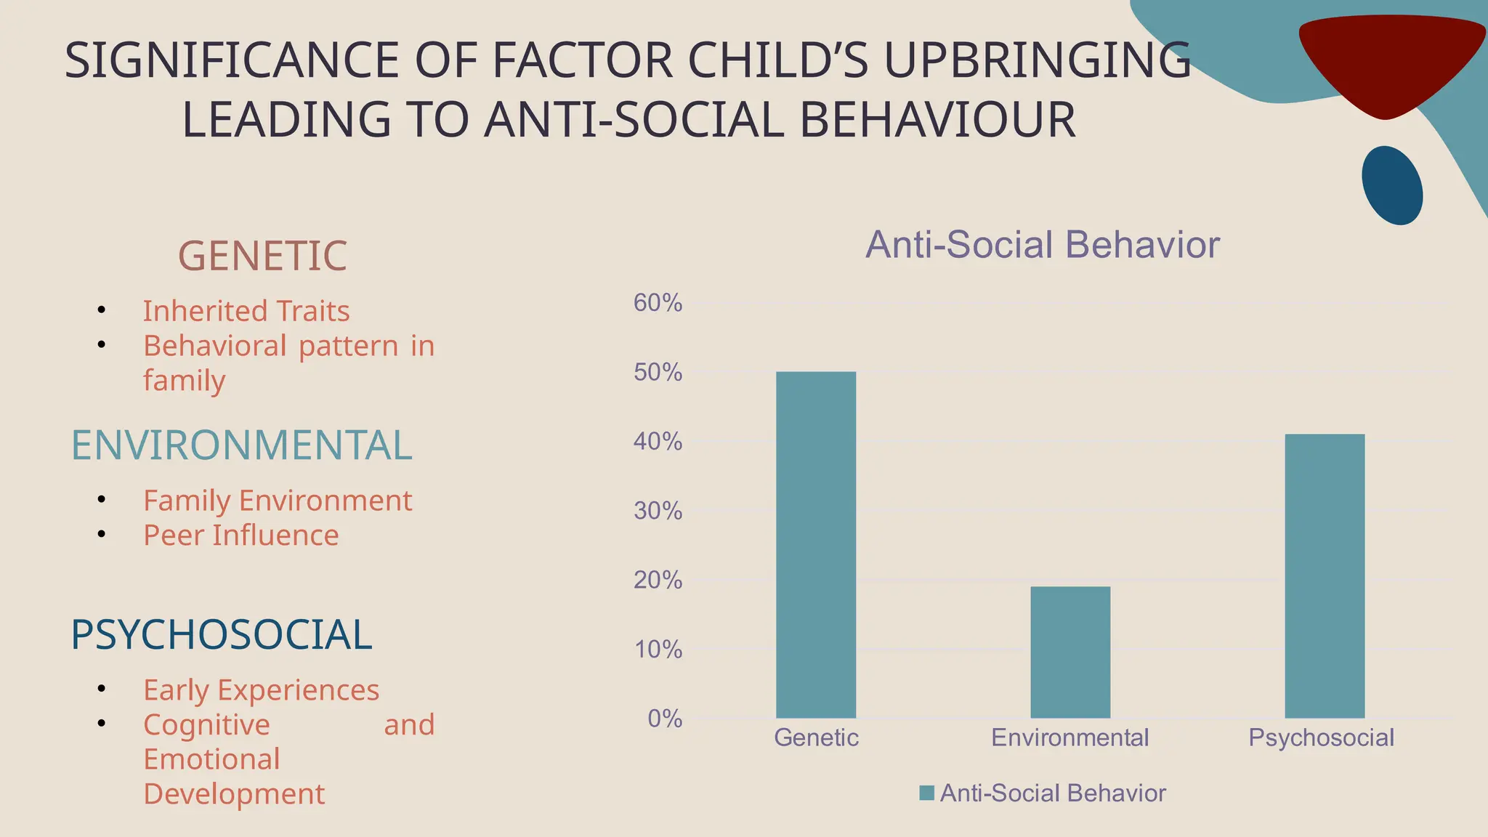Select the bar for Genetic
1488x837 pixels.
coord(816,545)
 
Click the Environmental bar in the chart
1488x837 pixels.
coord(1070,652)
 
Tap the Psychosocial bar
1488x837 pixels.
coord(1325,575)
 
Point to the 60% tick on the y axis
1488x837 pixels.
coord(658,303)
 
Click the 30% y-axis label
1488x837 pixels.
coord(658,511)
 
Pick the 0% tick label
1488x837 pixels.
coord(664,719)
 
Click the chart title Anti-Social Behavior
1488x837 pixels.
coord(1042,245)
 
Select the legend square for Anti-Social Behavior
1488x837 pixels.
coord(926,793)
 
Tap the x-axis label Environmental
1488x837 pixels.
coord(1069,737)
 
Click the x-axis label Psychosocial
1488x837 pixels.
coord(1321,737)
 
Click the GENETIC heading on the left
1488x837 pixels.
coord(262,256)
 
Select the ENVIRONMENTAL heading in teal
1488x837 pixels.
coord(241,445)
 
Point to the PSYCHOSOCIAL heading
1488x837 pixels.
coord(221,634)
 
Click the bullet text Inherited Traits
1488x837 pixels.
coord(246,311)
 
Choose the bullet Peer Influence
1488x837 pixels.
coord(240,535)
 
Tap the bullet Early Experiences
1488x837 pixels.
coord(261,690)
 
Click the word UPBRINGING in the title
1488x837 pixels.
coord(1037,60)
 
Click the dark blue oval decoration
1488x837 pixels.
coord(1391,185)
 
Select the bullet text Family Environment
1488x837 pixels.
coord(277,501)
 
